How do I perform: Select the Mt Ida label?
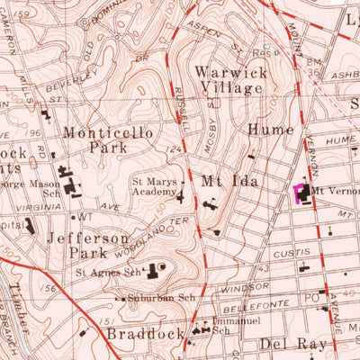[x=223, y=180]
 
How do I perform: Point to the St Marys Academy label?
[x=153, y=184]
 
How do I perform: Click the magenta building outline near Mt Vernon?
[x=300, y=193]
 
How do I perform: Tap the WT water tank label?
[x=86, y=217]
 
